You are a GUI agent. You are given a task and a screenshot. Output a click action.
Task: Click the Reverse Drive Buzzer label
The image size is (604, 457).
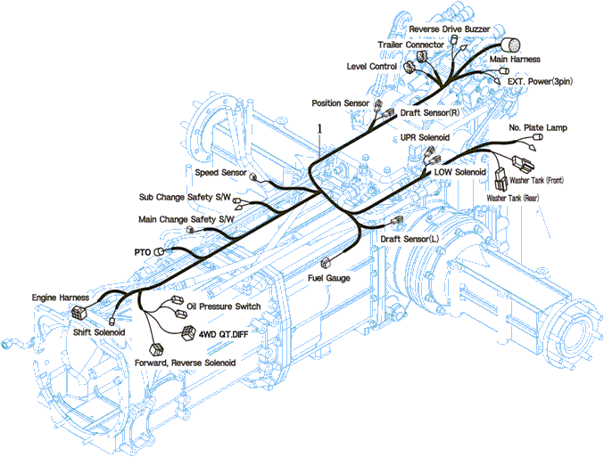449,29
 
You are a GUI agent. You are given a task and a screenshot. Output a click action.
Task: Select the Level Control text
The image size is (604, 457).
373,66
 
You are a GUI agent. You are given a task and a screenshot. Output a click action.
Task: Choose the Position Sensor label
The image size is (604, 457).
340,103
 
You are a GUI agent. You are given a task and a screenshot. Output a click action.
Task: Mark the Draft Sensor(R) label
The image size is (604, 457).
430,114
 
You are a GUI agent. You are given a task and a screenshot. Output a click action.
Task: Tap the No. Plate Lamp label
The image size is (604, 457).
538,128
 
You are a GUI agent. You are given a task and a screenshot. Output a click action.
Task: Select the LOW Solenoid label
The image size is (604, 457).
460,171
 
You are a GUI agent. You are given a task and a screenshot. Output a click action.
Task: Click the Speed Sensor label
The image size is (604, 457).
220,172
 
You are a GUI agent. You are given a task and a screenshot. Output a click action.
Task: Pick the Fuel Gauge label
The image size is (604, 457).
329,278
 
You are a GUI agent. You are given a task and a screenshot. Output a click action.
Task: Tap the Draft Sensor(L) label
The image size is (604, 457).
410,239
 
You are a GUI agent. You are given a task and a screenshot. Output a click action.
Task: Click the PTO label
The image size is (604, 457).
143,252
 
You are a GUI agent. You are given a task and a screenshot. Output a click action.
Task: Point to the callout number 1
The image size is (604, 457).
319,128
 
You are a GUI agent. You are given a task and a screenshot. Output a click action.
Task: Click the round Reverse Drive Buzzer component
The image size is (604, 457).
511,45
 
